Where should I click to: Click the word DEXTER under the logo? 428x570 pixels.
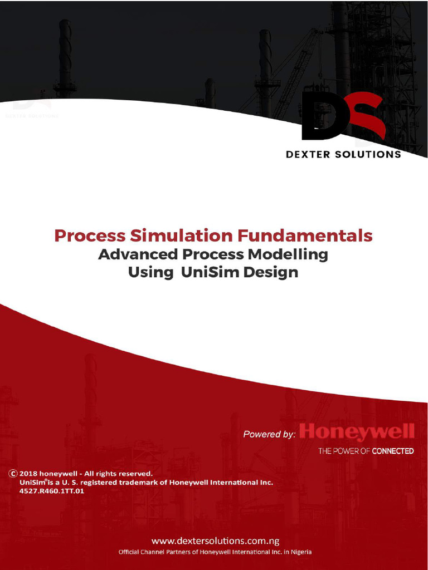click(309, 154)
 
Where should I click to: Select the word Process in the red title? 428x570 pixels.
click(90, 236)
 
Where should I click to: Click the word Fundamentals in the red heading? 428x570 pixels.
click(305, 236)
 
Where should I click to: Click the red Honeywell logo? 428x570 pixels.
click(357, 432)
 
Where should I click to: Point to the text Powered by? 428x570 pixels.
click(269, 434)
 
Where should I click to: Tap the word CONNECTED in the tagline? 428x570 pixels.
click(392, 451)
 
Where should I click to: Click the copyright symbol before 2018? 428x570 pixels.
click(12, 474)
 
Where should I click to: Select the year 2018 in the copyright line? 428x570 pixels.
click(28, 474)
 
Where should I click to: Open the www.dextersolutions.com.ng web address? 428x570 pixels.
click(215, 540)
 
